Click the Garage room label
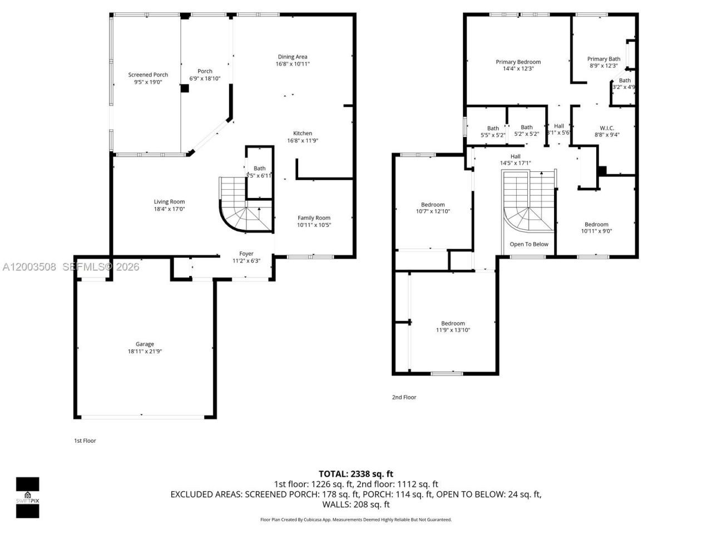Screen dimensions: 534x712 [145, 344]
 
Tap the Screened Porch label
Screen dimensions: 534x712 [148, 75]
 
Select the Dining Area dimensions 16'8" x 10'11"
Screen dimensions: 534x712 [293, 64]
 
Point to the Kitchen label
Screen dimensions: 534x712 [303, 133]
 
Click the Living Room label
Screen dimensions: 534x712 [169, 201]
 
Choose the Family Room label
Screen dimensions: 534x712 [314, 217]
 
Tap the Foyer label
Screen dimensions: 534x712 [246, 254]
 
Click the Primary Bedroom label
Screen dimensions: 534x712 [518, 62]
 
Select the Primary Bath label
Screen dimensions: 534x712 [604, 58]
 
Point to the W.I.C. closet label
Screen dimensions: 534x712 [606, 128]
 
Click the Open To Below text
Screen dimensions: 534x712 [529, 244]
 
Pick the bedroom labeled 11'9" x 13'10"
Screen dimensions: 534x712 [453, 327]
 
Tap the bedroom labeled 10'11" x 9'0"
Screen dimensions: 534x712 [596, 228]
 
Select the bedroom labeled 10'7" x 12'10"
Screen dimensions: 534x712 [432, 207]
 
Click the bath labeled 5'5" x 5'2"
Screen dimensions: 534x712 [493, 131]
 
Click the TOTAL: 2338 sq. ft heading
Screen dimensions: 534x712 [356, 474]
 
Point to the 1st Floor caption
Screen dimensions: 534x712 [85, 441]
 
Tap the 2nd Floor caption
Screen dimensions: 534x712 [404, 397]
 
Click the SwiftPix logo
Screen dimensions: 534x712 [27, 497]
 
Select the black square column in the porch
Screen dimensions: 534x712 [185, 88]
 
